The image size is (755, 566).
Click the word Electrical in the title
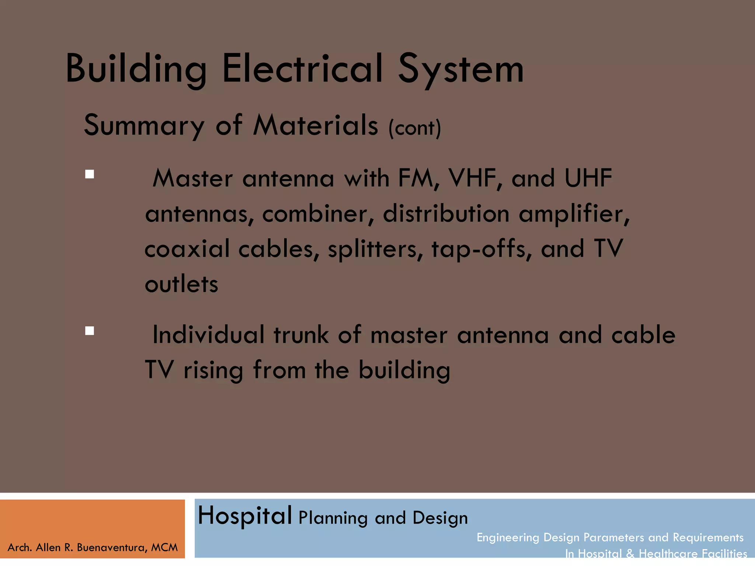pyautogui.click(x=302, y=68)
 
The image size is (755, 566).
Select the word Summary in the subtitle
pyautogui.click(x=144, y=125)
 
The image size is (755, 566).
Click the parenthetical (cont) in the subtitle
pyautogui.click(x=415, y=128)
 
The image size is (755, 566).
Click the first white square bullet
pyautogui.click(x=90, y=174)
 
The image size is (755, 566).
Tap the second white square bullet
pyautogui.click(x=90, y=331)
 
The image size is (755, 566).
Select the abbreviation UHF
pyautogui.click(x=588, y=178)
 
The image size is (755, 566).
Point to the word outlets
pyautogui.click(x=181, y=284)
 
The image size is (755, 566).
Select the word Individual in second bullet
pyautogui.click(x=208, y=335)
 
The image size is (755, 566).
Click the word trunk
pyautogui.click(x=301, y=335)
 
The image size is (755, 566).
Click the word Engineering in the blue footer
pyautogui.click(x=508, y=538)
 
